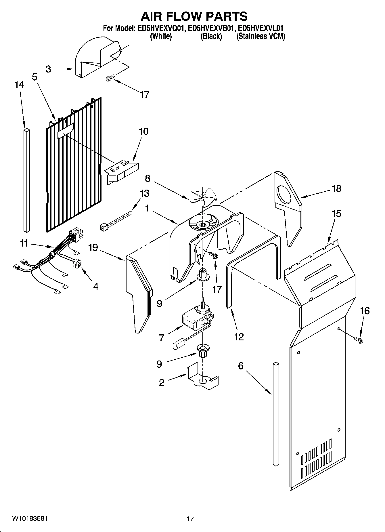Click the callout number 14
(x=19, y=85)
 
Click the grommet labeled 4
(x=78, y=263)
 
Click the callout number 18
(x=336, y=188)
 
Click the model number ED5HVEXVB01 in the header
(x=211, y=28)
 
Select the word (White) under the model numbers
(x=161, y=37)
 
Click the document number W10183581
(x=30, y=519)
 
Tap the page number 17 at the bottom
(x=190, y=519)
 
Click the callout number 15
(x=336, y=214)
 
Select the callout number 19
(x=93, y=247)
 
